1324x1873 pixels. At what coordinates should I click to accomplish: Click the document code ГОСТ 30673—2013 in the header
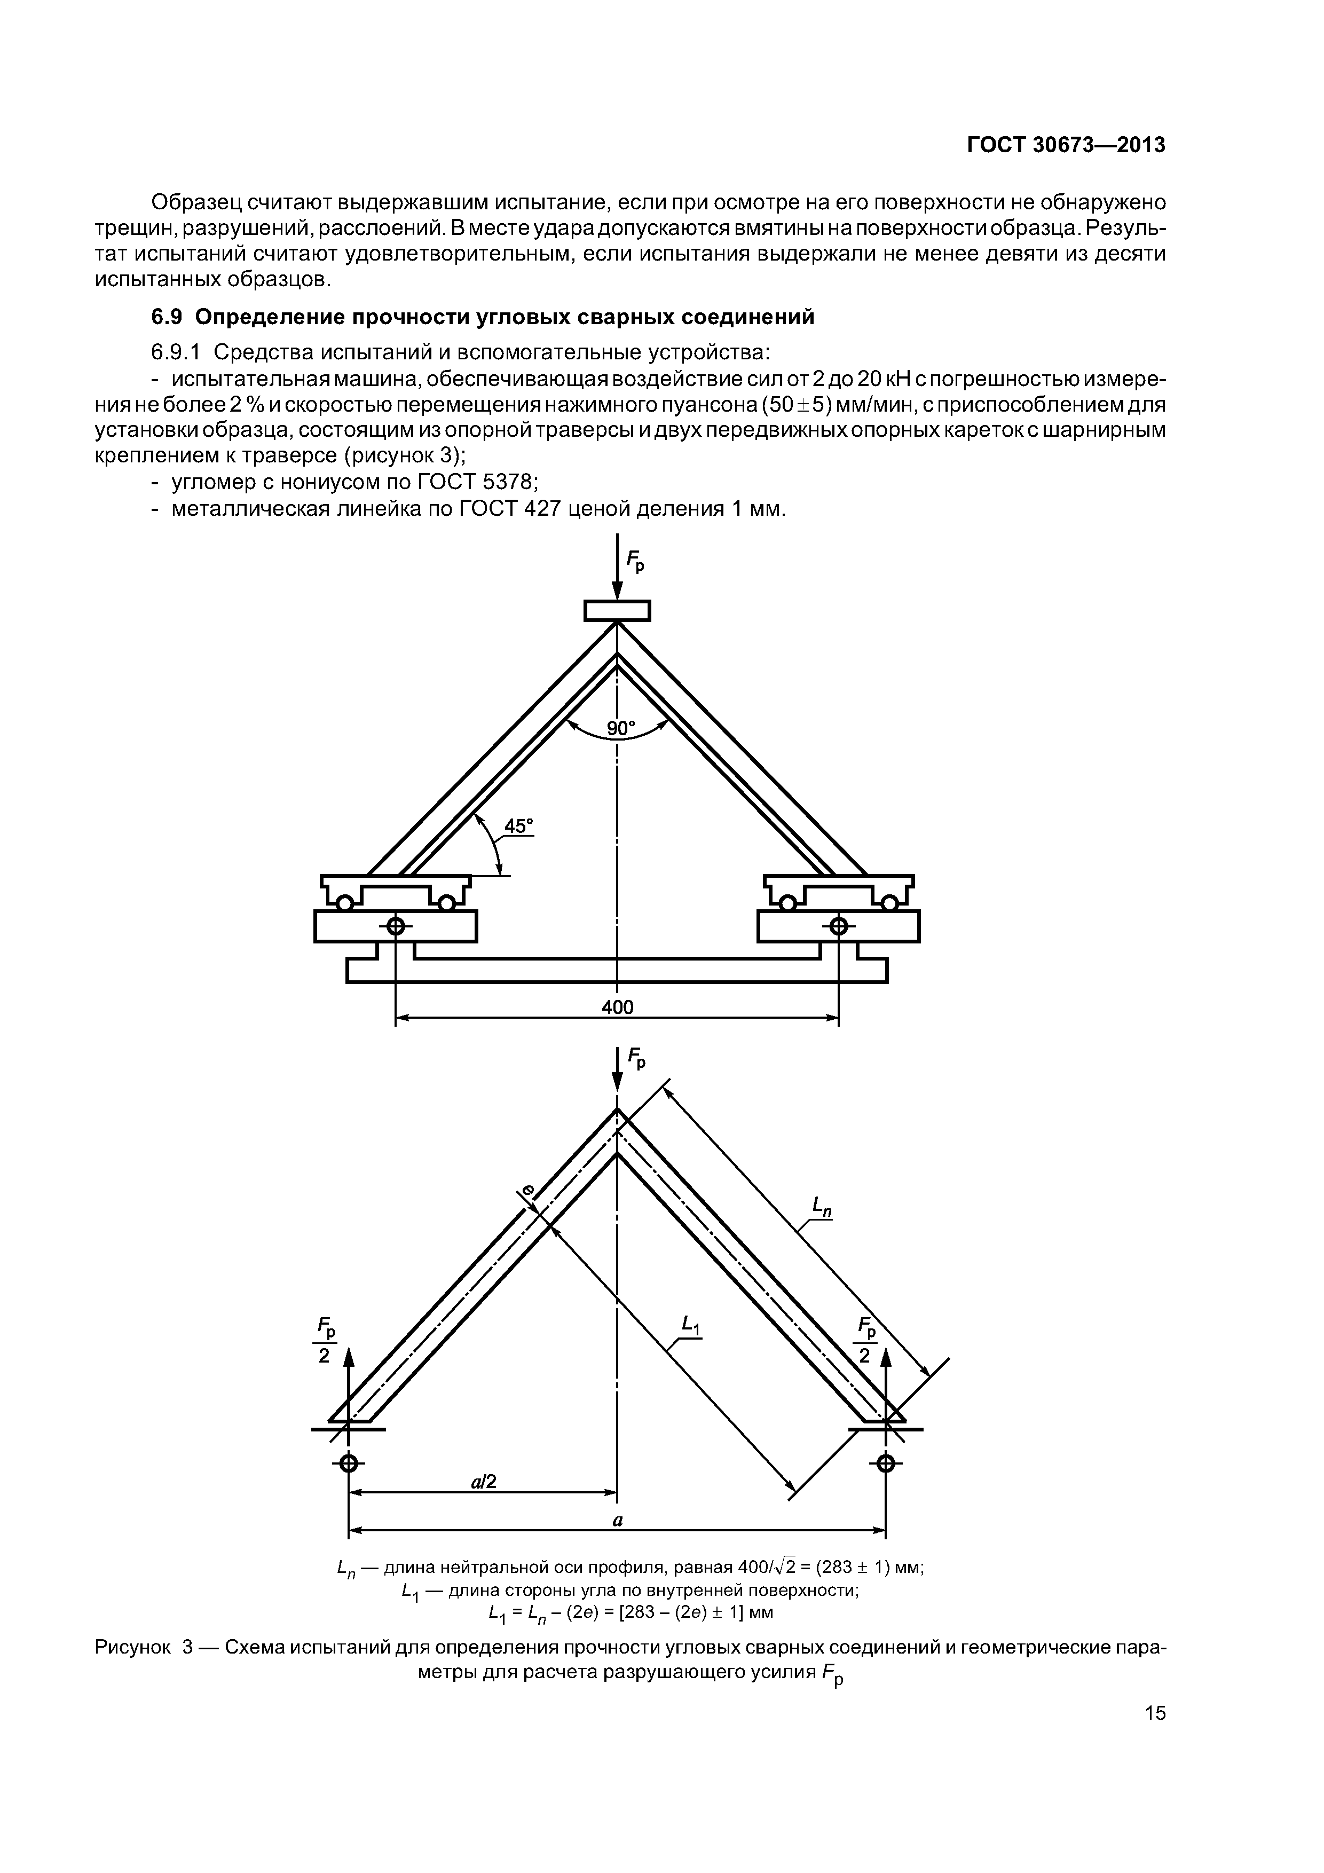(x=1066, y=144)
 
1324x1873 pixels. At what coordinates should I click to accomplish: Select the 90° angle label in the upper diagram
(x=620, y=728)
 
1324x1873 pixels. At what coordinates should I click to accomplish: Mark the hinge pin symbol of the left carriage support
(x=396, y=927)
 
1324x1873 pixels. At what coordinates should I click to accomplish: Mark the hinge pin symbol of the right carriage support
(x=839, y=927)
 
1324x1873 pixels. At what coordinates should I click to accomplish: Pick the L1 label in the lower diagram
(x=692, y=1326)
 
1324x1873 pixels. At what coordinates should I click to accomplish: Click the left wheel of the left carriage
(x=345, y=903)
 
